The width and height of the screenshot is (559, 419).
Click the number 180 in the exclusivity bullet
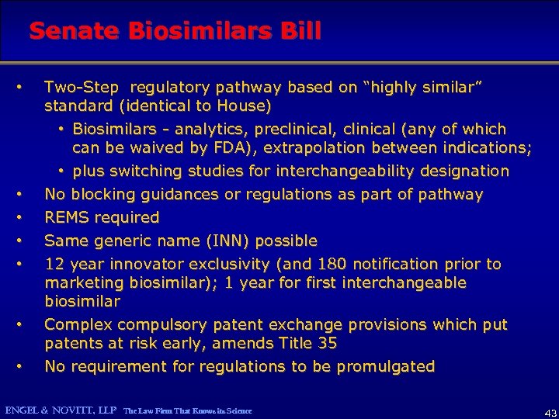(x=325, y=264)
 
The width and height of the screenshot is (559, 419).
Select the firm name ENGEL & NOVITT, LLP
(x=60, y=409)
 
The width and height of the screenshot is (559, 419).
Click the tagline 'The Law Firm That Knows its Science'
(x=188, y=410)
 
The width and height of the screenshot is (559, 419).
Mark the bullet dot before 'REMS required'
(x=26, y=217)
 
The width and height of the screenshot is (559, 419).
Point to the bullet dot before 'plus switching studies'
(x=61, y=171)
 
